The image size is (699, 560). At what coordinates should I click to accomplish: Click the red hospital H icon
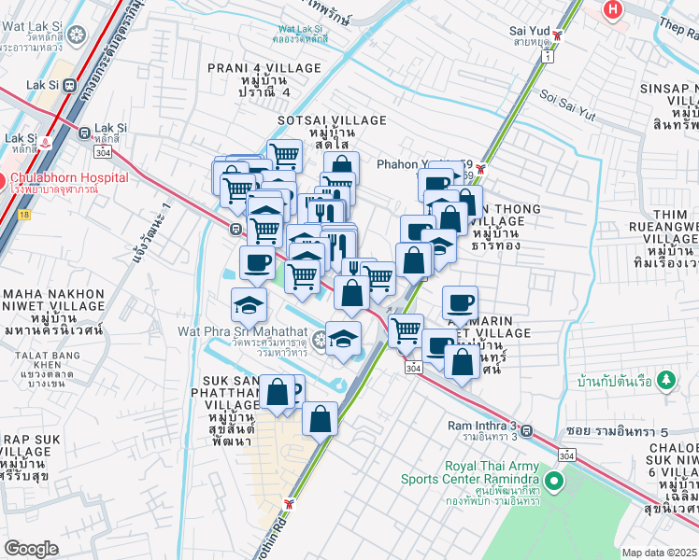[613, 9]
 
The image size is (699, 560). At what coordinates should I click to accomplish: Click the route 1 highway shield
[545, 57]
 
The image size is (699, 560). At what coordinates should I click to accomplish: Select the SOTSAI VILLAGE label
[331, 127]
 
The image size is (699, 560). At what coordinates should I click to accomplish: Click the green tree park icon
[664, 380]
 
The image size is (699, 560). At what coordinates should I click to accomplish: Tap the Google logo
[31, 549]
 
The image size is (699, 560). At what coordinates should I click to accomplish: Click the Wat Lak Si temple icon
[75, 35]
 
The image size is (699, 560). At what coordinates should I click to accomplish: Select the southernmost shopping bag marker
[320, 419]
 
